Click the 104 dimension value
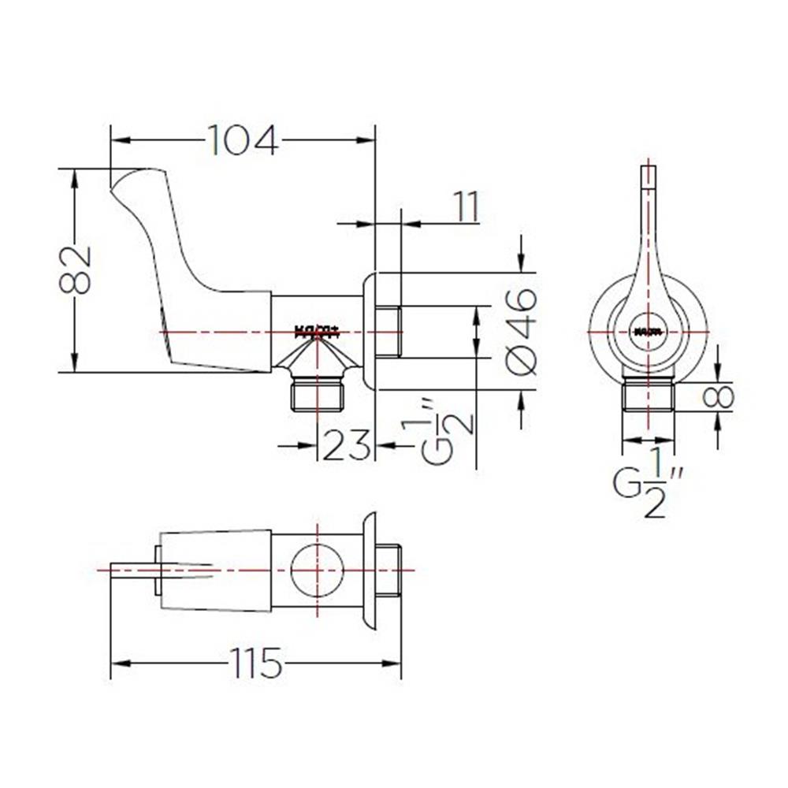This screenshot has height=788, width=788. (243, 141)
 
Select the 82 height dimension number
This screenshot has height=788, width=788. (76, 269)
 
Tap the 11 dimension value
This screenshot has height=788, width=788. (466, 207)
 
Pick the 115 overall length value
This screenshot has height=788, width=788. (255, 663)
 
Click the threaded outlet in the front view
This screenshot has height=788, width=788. (649, 395)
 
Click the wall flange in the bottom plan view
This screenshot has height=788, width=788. (368, 569)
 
